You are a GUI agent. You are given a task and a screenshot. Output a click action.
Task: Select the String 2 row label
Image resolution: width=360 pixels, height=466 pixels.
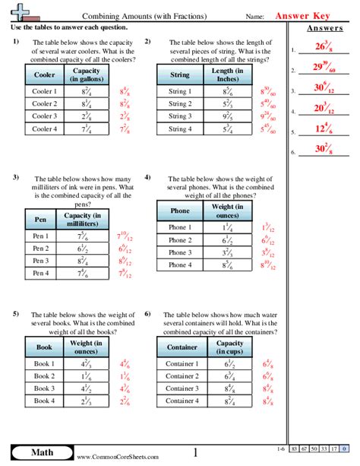coord(179,104)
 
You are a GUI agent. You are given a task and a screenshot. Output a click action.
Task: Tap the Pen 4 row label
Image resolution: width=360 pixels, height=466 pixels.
coord(42,273)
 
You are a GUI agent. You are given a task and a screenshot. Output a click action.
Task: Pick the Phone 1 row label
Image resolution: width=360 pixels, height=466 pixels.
coord(180,227)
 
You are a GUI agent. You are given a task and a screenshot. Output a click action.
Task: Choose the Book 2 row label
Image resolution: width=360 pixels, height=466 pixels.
coord(44,376)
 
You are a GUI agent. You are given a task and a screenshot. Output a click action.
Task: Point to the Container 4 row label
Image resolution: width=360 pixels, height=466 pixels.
coord(181,401)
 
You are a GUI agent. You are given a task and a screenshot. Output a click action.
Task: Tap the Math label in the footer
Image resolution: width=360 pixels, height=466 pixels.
coord(30,454)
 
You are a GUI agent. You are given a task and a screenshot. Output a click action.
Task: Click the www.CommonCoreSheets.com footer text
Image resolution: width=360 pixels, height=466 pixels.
coord(116,457)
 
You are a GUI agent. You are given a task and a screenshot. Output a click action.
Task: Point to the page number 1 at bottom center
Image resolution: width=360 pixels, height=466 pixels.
coord(194,454)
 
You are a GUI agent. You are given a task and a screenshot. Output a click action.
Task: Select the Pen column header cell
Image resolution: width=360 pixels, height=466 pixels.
coord(41,219)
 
